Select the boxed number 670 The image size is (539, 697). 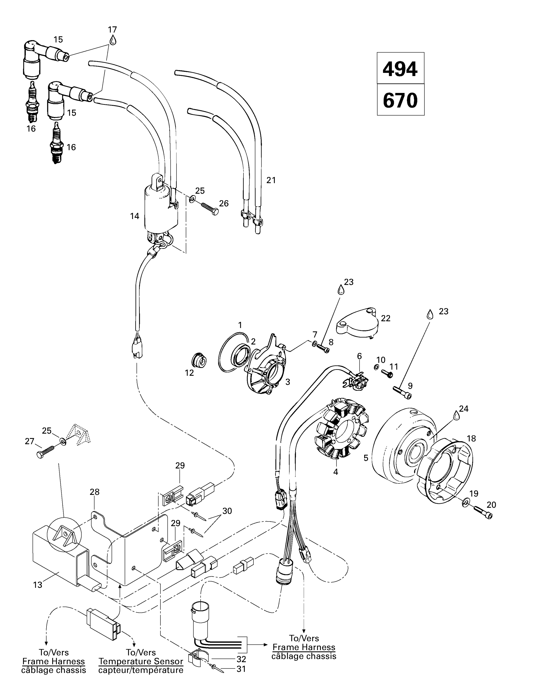(x=400, y=100)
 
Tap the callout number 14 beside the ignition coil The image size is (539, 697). (x=134, y=216)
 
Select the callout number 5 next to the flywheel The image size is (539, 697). (x=366, y=458)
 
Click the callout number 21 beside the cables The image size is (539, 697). (x=271, y=180)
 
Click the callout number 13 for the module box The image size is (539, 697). (x=38, y=585)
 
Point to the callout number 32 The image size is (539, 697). (x=241, y=659)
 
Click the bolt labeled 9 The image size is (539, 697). (x=401, y=392)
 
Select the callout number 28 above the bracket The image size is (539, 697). (x=94, y=492)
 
